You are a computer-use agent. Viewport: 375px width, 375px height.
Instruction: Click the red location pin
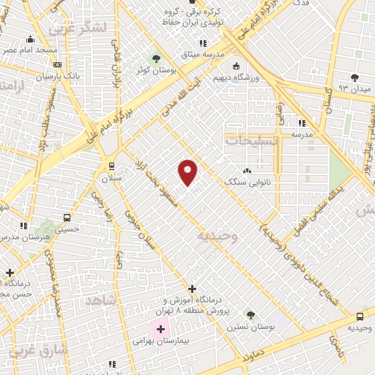click(188, 171)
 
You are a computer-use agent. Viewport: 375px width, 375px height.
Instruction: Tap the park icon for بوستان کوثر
click(155, 59)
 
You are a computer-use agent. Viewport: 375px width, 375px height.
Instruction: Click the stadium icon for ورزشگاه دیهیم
click(235, 65)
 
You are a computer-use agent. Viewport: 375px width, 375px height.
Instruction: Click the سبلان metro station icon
click(111, 166)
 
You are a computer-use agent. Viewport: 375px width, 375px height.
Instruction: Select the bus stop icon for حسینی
click(67, 218)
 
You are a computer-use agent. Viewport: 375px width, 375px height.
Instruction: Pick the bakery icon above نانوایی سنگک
click(246, 171)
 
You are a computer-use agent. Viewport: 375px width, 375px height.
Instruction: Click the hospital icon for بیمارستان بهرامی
click(160, 329)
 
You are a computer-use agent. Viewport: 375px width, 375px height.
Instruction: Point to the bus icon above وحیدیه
click(359, 316)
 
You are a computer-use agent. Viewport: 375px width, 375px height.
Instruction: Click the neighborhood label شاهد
click(101, 300)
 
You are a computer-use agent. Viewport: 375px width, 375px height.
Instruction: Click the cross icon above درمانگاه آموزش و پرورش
click(192, 289)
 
